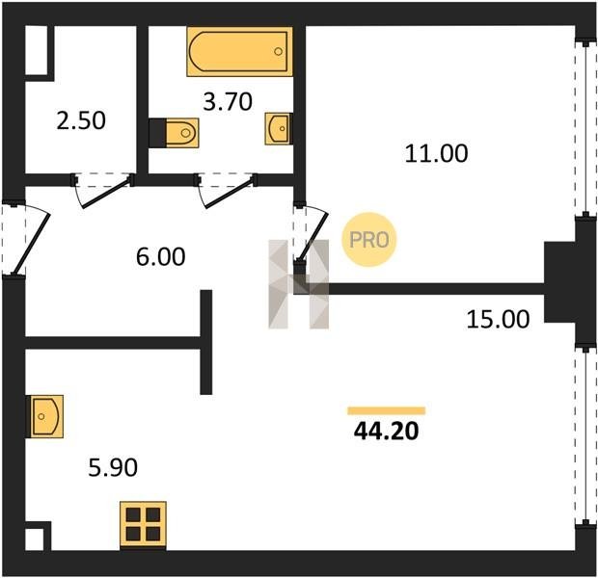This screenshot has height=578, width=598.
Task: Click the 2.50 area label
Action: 81,120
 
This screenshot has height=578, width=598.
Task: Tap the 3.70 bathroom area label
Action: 228,102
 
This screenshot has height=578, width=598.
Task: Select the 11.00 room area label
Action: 436,153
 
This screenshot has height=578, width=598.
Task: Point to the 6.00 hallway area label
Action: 160,256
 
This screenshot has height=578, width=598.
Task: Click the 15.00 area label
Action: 498,319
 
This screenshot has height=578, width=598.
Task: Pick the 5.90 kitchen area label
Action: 113,467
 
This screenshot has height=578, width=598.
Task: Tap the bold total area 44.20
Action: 387,432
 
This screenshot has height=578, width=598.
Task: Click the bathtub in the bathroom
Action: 240,51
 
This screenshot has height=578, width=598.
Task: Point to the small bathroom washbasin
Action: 279,129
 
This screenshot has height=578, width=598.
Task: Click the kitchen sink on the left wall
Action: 45,416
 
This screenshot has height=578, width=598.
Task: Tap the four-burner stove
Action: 143,525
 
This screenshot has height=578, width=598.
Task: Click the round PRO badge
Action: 369,240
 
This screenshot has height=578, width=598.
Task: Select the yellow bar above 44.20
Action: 387,410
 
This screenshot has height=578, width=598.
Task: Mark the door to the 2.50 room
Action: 103,191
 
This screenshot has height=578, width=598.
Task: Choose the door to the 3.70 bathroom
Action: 226,191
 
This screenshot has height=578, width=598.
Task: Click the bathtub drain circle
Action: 279,51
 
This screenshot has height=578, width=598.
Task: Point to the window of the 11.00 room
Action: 585,128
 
